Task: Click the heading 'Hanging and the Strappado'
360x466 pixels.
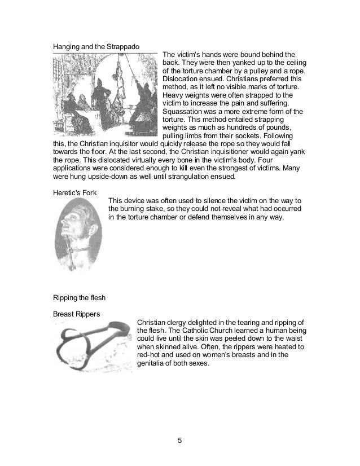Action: point(96,46)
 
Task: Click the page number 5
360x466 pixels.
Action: point(180,441)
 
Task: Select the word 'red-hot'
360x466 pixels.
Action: point(153,355)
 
